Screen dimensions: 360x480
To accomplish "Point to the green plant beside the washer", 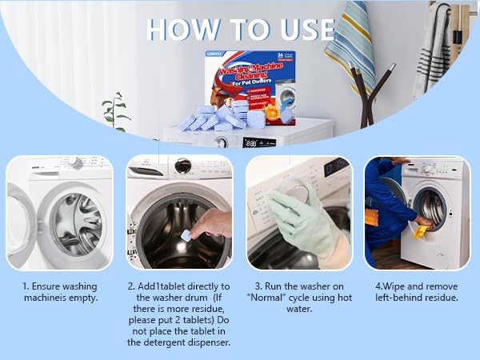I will pos(116,112).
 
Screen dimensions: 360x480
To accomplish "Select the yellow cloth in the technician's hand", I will pos(420,231).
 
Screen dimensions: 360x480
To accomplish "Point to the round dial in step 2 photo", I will pos(183,166).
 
